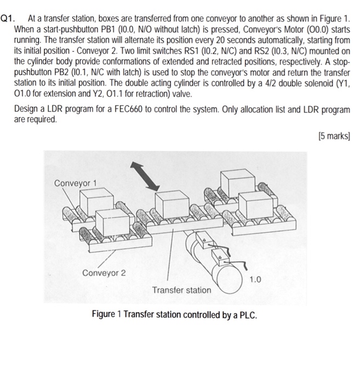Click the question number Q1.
(x=9, y=17)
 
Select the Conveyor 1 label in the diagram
(x=75, y=183)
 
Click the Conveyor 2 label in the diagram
(x=104, y=273)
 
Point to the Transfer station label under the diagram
(x=181, y=289)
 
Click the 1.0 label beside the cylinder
(x=255, y=280)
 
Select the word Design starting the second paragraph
(x=27, y=109)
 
